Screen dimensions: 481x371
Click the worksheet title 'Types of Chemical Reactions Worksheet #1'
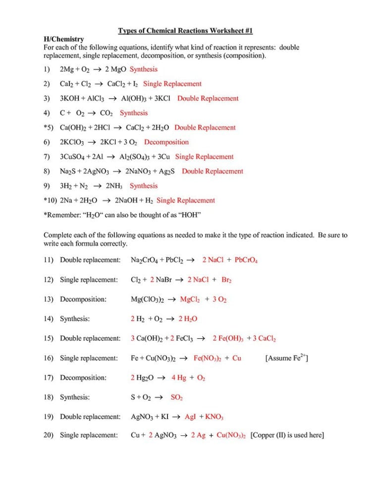(185, 31)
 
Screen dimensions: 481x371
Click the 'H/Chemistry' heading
(64, 39)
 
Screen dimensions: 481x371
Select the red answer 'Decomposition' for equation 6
(166, 142)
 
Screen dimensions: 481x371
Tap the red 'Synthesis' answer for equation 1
(144, 69)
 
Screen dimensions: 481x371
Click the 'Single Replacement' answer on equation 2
(172, 84)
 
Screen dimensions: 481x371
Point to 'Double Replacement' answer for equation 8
(212, 172)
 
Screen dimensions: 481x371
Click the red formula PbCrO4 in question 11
(246, 260)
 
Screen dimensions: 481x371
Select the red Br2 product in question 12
(226, 280)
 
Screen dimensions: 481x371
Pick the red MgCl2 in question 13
(189, 300)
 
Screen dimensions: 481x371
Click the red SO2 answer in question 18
(177, 398)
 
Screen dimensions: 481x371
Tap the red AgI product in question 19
(191, 417)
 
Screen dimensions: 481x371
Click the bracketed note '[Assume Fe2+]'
(287, 358)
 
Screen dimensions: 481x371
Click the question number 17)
(49, 378)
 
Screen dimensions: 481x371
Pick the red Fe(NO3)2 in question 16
(207, 358)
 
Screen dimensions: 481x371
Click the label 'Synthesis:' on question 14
(75, 319)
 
